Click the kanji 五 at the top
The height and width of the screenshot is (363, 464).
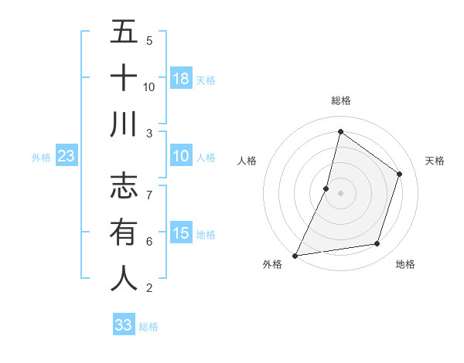pyautogui.click(x=124, y=32)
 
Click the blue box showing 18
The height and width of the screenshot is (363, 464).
pyautogui.click(x=181, y=78)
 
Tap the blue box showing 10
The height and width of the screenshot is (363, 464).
pyautogui.click(x=181, y=157)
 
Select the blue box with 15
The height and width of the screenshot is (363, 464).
pyautogui.click(x=181, y=233)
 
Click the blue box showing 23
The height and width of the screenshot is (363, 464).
pyautogui.click(x=67, y=157)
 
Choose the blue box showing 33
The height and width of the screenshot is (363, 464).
pyautogui.click(x=124, y=325)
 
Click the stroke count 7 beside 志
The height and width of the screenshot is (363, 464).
pyautogui.click(x=148, y=188)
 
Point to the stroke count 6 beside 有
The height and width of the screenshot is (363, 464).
pyautogui.click(x=148, y=242)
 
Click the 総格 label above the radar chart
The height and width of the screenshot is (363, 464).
pyautogui.click(x=341, y=100)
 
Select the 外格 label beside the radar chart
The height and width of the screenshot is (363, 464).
pyautogui.click(x=272, y=264)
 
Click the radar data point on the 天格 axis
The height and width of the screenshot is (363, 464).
pyautogui.click(x=400, y=174)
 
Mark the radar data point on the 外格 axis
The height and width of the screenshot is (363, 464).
pyautogui.click(x=295, y=255)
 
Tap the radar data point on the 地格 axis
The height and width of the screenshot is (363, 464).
pyautogui.click(x=377, y=244)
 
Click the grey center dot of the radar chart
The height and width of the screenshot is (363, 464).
pyautogui.click(x=340, y=193)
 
